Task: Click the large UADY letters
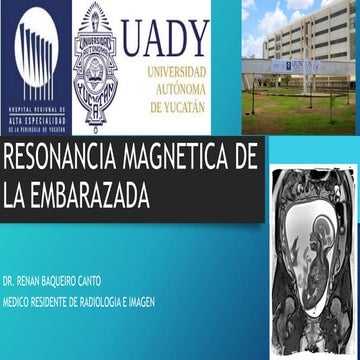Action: coord(166,38)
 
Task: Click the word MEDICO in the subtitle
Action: coord(17,286)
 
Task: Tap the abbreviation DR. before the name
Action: coord(10,271)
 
